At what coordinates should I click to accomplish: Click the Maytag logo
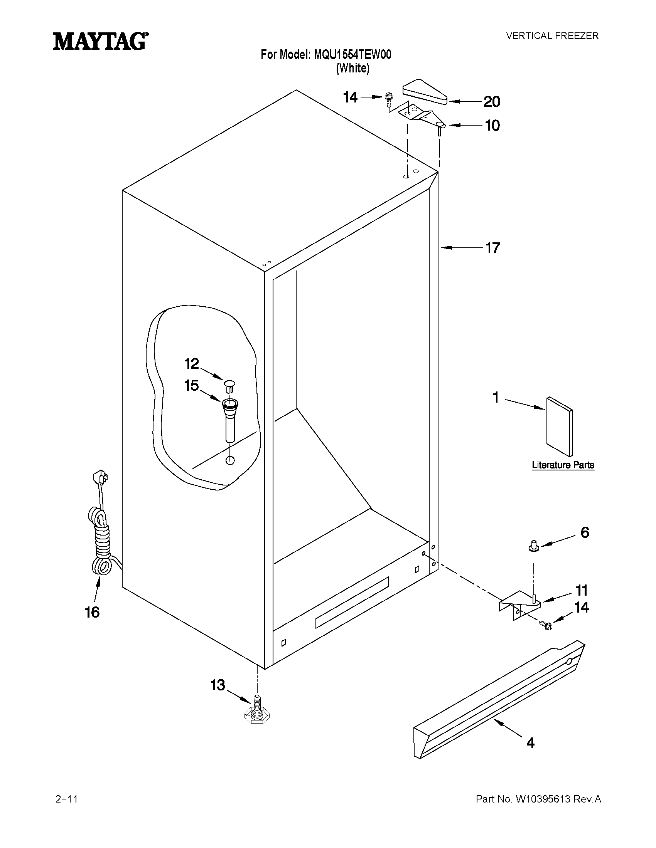[x=100, y=41]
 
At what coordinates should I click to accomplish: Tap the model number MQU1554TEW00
[x=352, y=55]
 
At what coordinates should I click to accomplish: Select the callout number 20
[x=492, y=102]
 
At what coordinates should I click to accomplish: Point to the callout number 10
[x=492, y=126]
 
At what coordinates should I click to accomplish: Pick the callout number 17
[x=493, y=248]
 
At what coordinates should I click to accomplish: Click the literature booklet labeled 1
[x=559, y=427]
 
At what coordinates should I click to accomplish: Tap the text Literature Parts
[x=563, y=465]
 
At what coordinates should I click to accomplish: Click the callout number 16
[x=92, y=612]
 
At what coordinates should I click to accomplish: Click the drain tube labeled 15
[x=230, y=419]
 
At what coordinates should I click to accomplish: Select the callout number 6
[x=585, y=532]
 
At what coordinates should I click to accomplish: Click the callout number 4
[x=530, y=743]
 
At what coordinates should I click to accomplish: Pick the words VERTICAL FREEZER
[x=552, y=36]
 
